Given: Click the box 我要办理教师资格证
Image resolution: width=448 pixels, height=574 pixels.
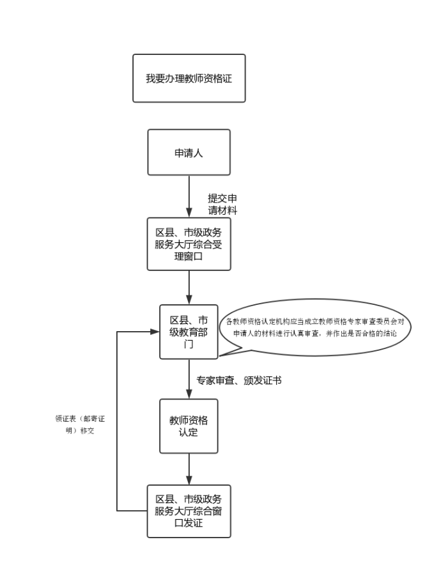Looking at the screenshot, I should click(x=189, y=78).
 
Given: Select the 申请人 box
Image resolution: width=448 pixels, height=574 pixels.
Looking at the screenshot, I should click(x=189, y=152).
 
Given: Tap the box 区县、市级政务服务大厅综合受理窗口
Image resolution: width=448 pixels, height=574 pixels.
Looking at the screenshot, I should click(x=189, y=244).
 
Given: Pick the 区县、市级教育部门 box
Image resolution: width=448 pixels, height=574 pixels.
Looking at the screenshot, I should click(x=189, y=332).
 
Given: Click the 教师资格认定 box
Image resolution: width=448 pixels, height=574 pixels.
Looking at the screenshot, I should click(x=189, y=426).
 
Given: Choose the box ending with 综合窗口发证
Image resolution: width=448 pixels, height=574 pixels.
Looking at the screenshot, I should click(x=189, y=511).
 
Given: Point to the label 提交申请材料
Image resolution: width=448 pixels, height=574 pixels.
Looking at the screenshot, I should click(x=222, y=204).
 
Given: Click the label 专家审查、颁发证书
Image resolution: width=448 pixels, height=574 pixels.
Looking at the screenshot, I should click(x=239, y=380).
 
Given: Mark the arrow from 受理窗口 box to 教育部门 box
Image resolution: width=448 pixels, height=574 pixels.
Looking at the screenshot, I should click(x=189, y=287).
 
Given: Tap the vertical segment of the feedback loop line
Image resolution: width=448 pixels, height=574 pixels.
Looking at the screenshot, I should click(x=117, y=422).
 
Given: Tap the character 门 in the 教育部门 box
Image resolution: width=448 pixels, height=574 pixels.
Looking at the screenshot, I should click(x=189, y=345).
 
